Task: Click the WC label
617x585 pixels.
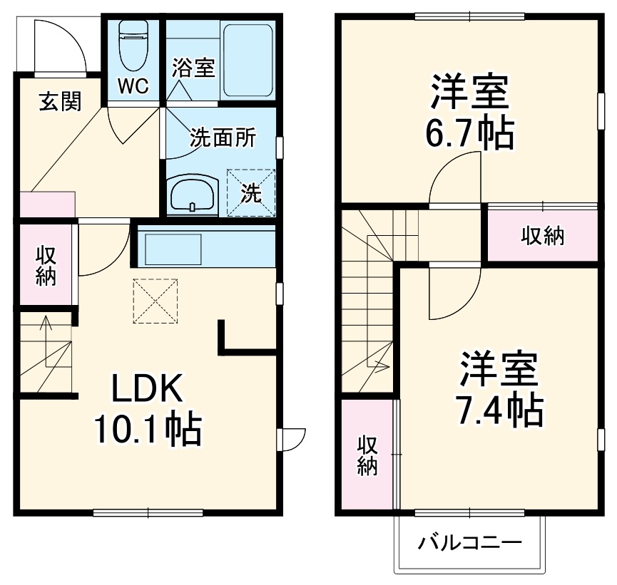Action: tap(133, 86)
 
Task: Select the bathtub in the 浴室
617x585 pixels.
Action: tap(247, 61)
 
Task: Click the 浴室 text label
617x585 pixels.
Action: tap(193, 68)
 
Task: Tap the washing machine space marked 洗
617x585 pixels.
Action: tap(250, 192)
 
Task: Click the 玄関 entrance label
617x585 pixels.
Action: tap(60, 102)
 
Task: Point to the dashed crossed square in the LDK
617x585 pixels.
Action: tap(155, 301)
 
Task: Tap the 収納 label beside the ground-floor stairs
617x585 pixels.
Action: tap(46, 265)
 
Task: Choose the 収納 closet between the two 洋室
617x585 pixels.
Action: tap(542, 235)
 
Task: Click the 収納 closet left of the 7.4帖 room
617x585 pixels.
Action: tap(367, 455)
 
